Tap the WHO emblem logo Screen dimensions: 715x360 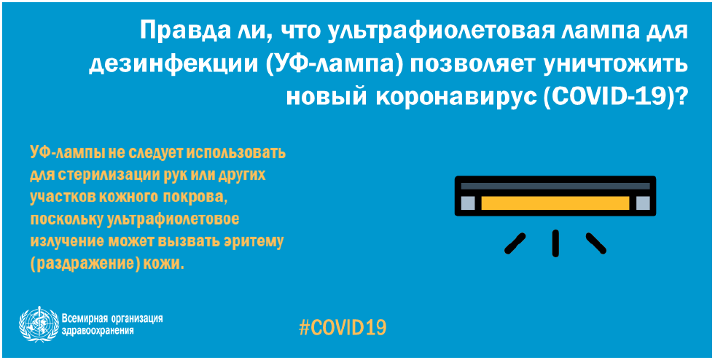[39, 324]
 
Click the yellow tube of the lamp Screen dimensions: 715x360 [555, 203]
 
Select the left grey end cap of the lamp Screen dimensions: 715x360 [468, 203]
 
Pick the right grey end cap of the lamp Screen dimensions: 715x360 [643, 203]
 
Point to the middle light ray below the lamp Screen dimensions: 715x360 [555, 243]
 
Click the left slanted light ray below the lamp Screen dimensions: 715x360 [515, 243]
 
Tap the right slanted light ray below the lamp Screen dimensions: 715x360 [596, 243]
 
